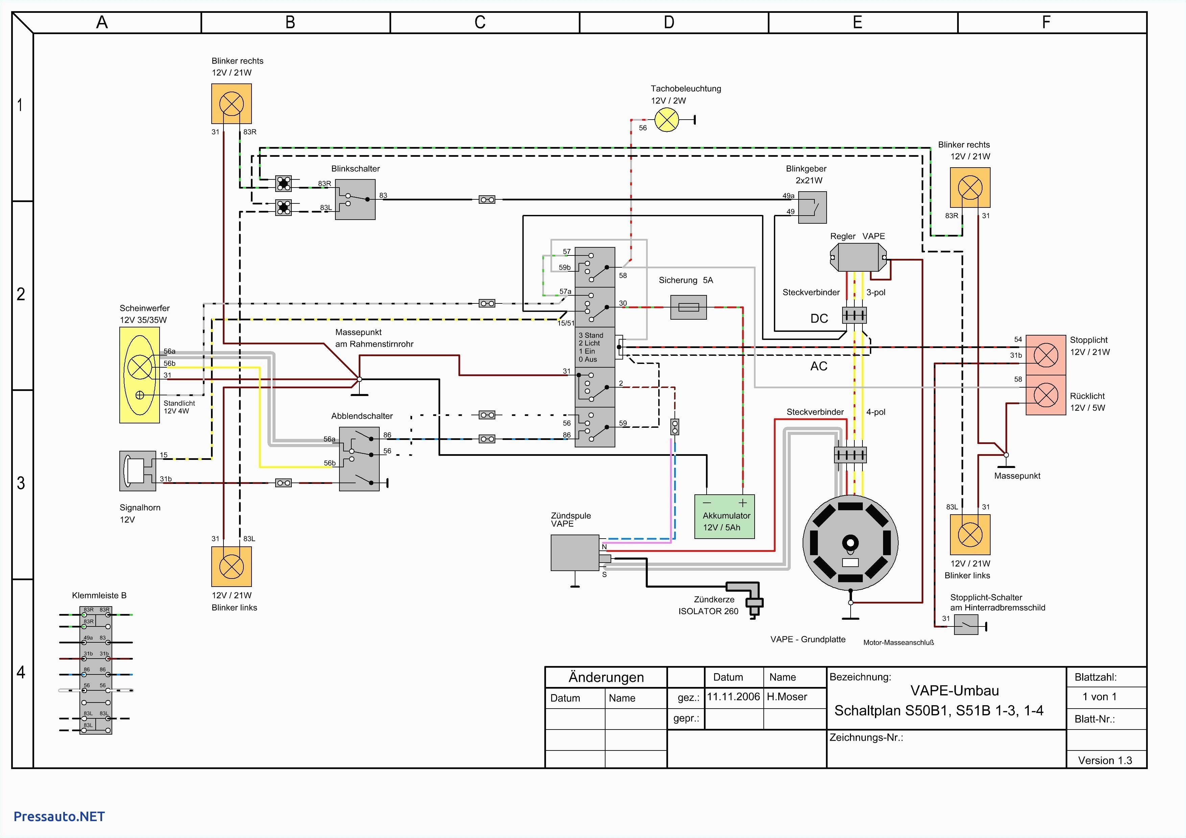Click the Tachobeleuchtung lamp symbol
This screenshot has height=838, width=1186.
(x=666, y=120)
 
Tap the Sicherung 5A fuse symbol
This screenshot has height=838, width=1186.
(x=688, y=307)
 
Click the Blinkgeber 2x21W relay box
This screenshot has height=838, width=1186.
(x=812, y=207)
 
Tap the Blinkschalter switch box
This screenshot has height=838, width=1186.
(x=355, y=199)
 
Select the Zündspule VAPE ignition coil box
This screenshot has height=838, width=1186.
(x=574, y=552)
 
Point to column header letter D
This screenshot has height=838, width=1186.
(x=669, y=22)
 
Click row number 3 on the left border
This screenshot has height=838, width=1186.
(x=21, y=483)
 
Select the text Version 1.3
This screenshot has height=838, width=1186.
(x=1105, y=760)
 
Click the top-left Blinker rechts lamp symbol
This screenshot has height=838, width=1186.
(x=231, y=104)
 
